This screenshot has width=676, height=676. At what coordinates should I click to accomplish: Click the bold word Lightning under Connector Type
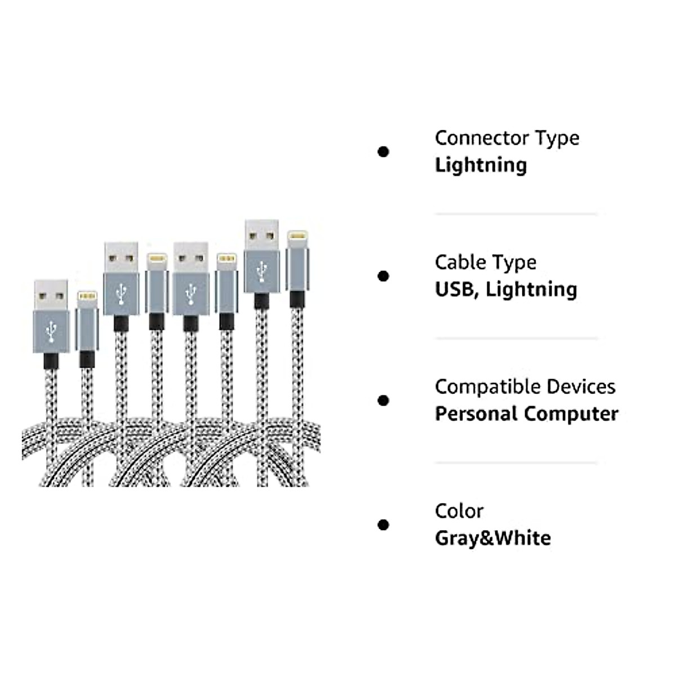coord(481,166)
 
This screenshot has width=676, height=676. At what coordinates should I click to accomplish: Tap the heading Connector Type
coord(507,139)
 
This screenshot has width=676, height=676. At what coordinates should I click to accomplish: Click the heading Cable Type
coord(486,263)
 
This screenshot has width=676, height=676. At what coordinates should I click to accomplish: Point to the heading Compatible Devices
coord(525,386)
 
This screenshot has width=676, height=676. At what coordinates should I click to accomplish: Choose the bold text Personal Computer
coord(527,414)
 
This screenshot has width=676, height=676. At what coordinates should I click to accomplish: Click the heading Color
coord(459,511)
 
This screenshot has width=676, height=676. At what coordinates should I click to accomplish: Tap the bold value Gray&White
coord(493,539)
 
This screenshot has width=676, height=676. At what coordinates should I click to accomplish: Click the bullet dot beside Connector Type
coord(383,152)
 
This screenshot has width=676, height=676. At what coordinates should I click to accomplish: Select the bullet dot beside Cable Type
coord(383,276)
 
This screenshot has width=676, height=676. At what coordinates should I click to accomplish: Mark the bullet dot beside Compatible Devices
coord(383,401)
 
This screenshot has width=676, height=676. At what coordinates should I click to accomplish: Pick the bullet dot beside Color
coord(383,525)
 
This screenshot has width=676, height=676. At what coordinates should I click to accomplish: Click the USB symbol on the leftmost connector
coord(51,331)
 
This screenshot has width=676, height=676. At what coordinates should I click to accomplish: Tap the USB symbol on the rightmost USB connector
coord(262,271)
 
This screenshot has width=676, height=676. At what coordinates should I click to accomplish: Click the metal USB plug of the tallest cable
coord(262,235)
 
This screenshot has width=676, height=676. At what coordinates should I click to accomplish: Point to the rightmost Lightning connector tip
coord(297,239)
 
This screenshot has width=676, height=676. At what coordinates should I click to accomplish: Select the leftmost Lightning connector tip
coord(87,300)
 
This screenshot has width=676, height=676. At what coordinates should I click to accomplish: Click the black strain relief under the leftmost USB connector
coord(51,361)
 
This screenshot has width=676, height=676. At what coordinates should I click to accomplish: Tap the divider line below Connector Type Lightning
coord(516,214)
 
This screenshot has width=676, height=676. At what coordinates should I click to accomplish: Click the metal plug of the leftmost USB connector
coord(51,295)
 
